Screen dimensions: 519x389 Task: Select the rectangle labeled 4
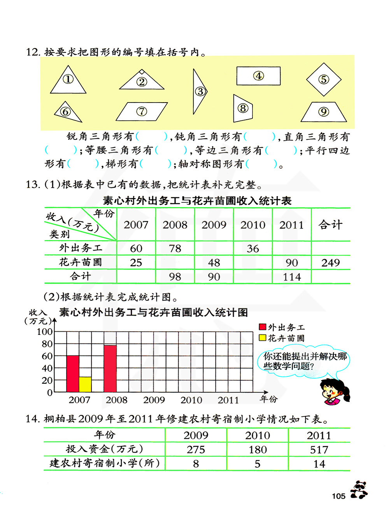(258, 76)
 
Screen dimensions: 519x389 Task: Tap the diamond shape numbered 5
(324, 80)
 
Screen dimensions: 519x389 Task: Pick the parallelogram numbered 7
(142, 111)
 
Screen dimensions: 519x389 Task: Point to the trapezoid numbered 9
(324, 112)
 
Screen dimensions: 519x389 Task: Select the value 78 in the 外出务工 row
(175, 248)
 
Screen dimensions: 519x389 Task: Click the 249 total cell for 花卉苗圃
(331, 263)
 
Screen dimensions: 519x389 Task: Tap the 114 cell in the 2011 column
(292, 277)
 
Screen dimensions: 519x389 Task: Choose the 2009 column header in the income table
(214, 225)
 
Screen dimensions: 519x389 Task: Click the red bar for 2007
(73, 374)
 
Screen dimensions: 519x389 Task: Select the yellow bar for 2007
(85, 384)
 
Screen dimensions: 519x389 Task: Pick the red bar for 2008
(110, 368)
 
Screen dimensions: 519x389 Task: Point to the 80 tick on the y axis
(47, 344)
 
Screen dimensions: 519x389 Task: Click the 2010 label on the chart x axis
(191, 400)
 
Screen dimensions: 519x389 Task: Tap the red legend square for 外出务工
(263, 327)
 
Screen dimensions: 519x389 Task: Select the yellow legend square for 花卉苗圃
(263, 338)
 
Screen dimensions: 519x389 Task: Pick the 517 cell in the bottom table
(319, 449)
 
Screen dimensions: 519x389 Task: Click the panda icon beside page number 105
(359, 490)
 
